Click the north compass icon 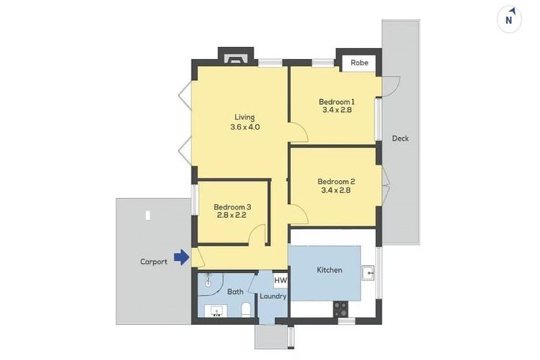tap(510, 18)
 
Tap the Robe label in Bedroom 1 tap(359, 62)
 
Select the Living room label tap(244, 117)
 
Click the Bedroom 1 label tap(335, 101)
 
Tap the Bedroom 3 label tap(232, 207)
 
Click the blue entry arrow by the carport tap(181, 258)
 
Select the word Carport tap(153, 262)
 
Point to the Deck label tap(400, 139)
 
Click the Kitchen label tap(329, 269)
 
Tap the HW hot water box tap(280, 281)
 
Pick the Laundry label tap(273, 296)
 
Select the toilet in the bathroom tap(245, 310)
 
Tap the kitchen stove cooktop tap(341, 308)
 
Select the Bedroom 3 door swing tap(258, 235)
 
